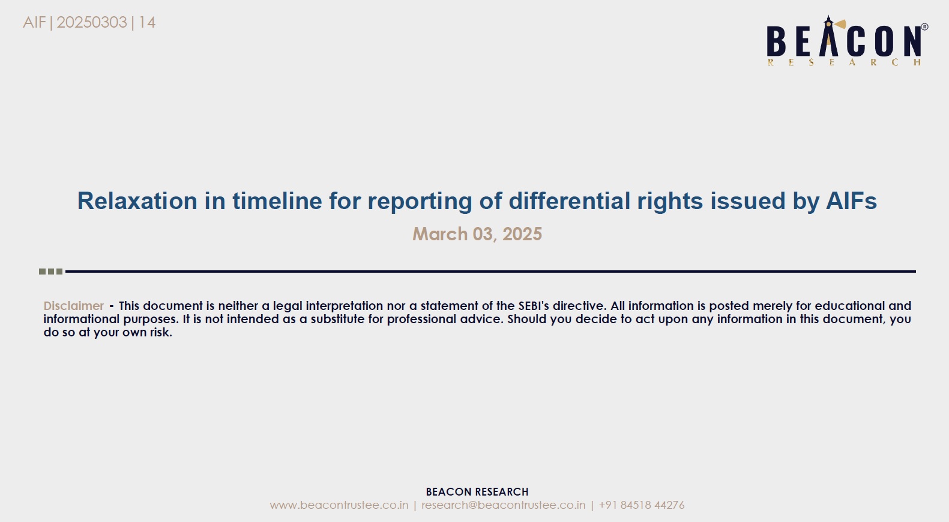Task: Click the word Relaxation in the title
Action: (137, 201)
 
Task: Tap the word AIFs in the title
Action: (851, 201)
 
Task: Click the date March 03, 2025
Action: (477, 234)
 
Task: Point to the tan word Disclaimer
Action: (74, 306)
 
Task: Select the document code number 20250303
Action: (91, 22)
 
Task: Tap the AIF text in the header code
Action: (34, 22)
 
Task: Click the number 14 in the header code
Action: (147, 22)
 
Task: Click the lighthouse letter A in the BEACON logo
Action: (829, 37)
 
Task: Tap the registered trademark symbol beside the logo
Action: (925, 26)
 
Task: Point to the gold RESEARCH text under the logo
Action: (845, 62)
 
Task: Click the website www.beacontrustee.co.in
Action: (339, 505)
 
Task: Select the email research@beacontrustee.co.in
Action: (503, 505)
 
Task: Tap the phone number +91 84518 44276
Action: (642, 505)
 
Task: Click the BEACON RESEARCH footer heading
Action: (477, 492)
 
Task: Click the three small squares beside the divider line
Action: (51, 272)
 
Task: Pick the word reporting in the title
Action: (420, 201)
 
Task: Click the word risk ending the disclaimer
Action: (161, 332)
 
